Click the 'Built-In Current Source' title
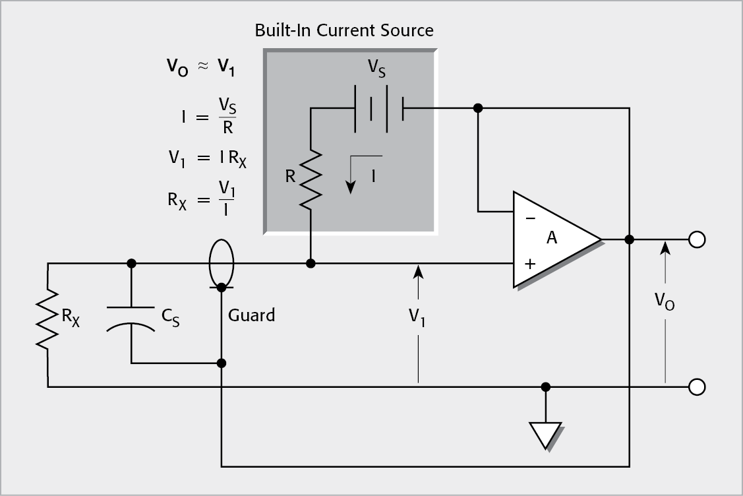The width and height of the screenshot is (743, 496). coord(344,30)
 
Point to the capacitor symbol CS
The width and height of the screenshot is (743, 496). coord(132,317)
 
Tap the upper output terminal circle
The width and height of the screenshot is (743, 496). coord(696,239)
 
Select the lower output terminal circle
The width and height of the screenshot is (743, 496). coord(696,387)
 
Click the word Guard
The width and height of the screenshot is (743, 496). coord(251,315)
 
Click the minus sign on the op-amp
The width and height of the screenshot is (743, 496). coord(530,218)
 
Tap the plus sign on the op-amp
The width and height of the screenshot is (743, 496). coord(529,264)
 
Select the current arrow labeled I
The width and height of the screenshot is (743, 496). coord(351,175)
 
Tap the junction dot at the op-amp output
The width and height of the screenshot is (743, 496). coord(630,239)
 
